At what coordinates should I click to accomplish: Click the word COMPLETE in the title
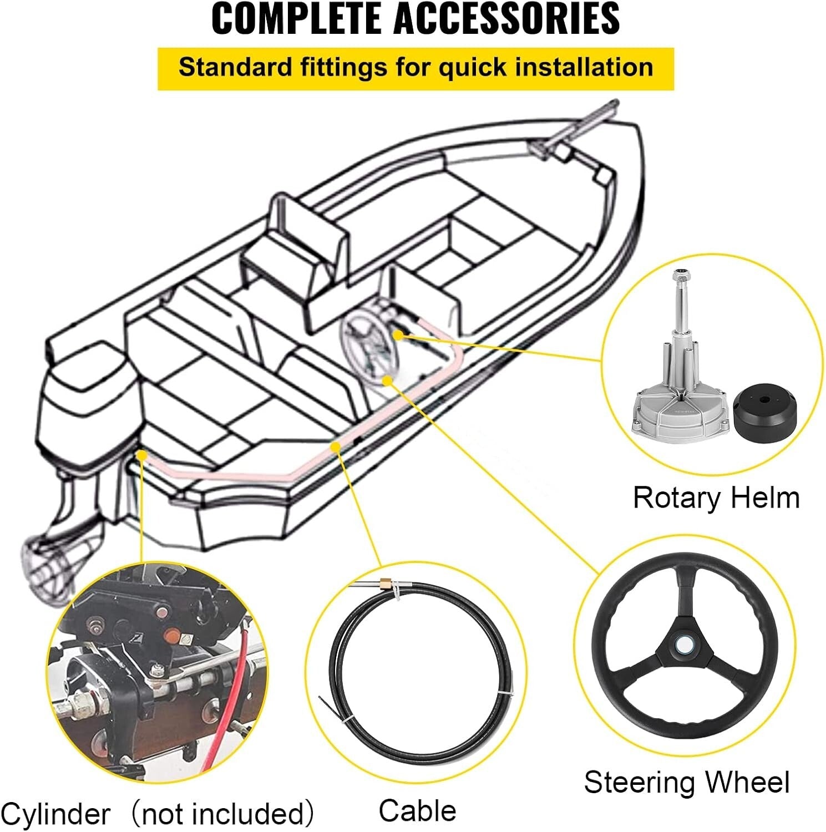pos(296,19)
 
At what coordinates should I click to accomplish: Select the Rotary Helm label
pos(716,498)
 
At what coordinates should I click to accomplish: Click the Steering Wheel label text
pos(686,783)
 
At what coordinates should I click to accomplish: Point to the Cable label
pos(417,810)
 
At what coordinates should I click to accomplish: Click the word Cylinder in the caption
pos(55,814)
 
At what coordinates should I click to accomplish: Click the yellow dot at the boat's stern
pos(142,455)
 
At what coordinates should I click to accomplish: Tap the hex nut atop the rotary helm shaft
pos(681,276)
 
